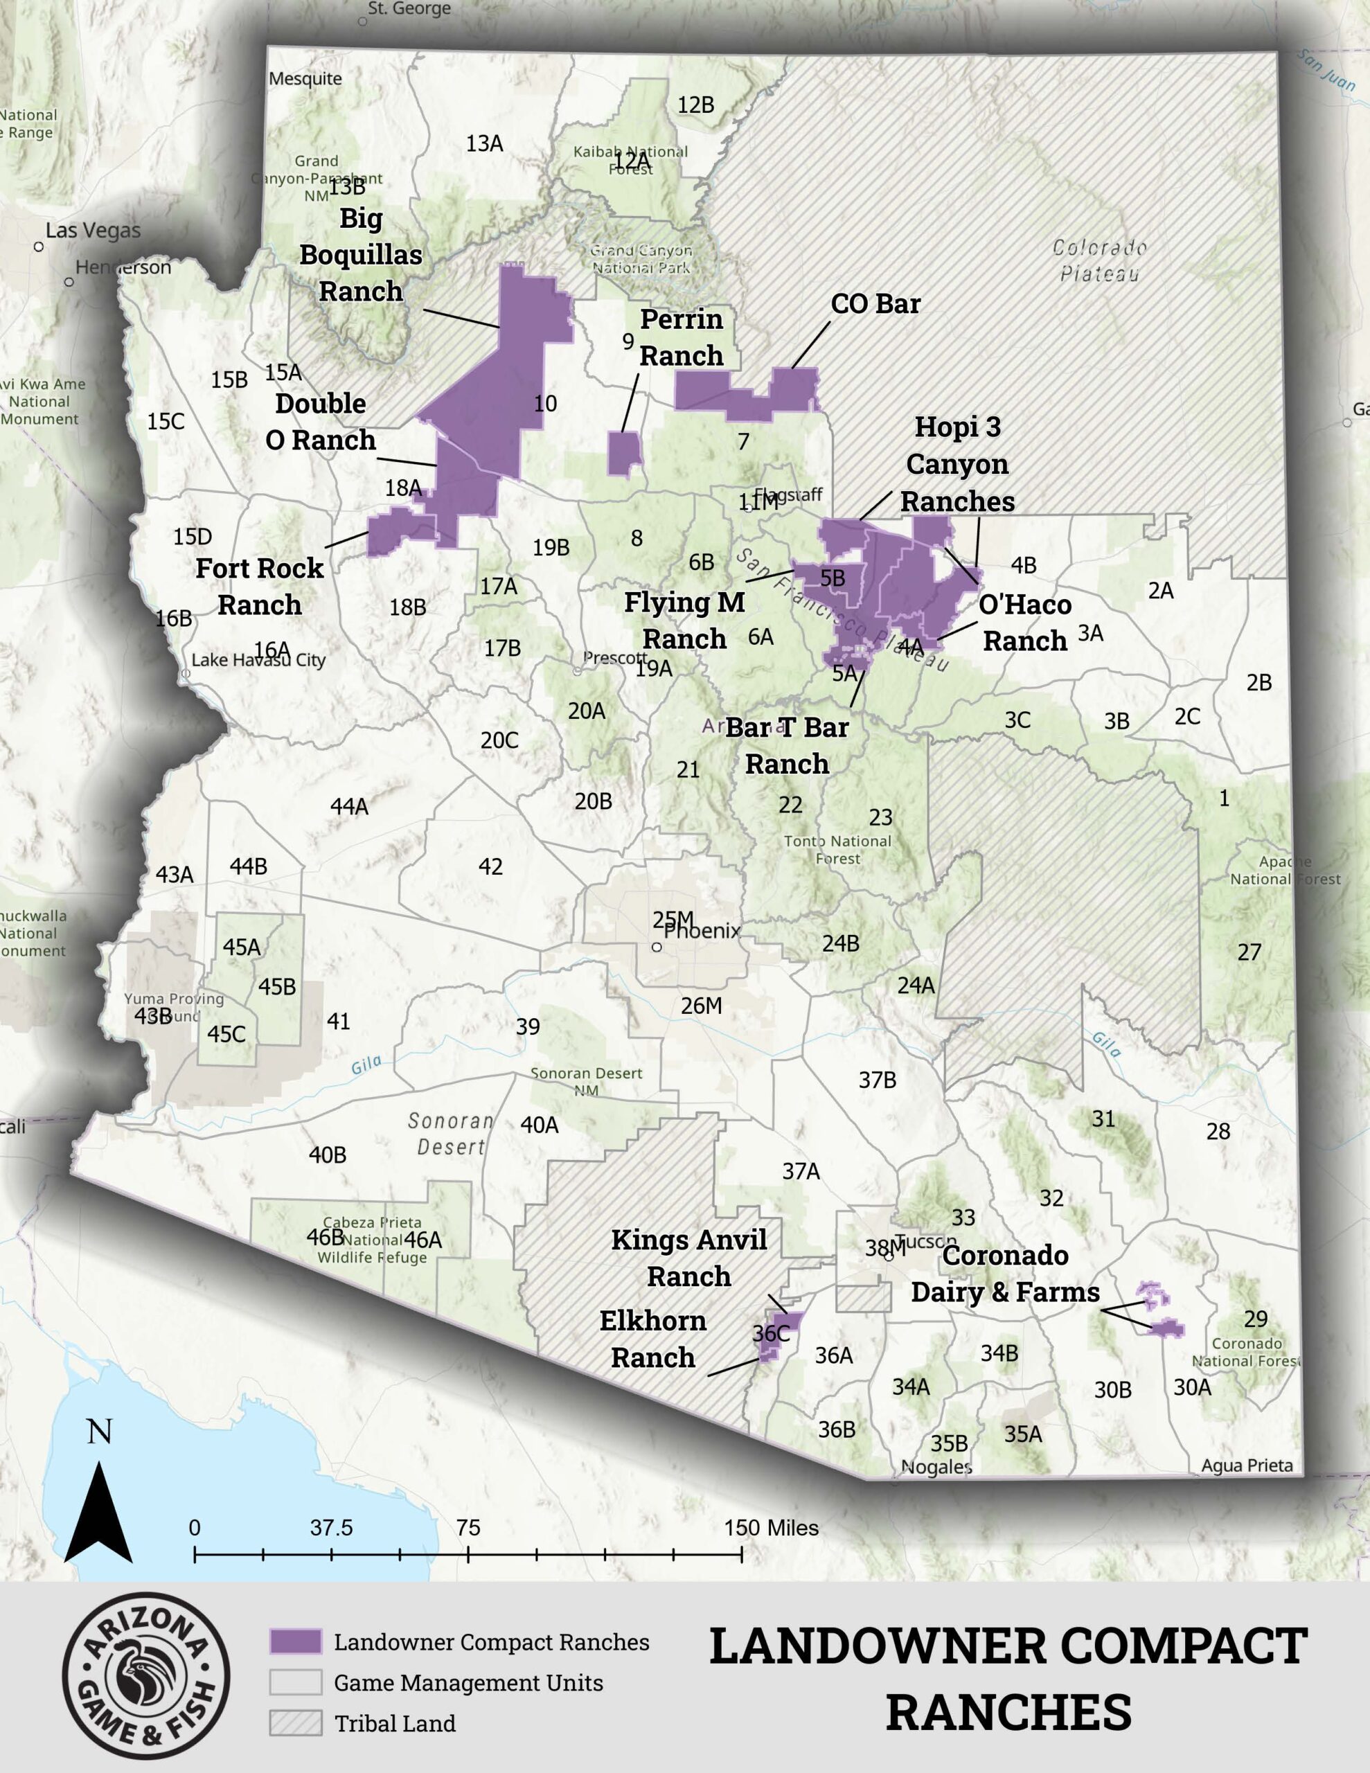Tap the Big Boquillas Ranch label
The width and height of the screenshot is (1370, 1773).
pos(361,254)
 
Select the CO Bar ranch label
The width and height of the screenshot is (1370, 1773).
pos(875,303)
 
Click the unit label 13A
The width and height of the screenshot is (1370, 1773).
pos(484,143)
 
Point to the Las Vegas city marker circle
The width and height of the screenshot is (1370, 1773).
pos(38,246)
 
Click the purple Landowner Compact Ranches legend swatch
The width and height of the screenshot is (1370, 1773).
pos(296,1641)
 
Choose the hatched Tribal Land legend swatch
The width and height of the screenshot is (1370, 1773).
pos(296,1722)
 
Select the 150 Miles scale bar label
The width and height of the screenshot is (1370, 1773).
pos(771,1528)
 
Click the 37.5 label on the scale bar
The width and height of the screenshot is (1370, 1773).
pos(331,1528)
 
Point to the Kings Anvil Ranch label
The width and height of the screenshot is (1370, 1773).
pos(688,1258)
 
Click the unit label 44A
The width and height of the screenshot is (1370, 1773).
pos(349,806)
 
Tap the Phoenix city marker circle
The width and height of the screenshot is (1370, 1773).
pos(657,947)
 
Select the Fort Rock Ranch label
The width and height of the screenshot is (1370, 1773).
pos(260,586)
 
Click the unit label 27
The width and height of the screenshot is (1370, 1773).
pos(1249,952)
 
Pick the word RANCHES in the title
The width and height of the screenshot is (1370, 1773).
pos(1008,1712)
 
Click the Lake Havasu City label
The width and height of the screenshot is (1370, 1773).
pos(258,660)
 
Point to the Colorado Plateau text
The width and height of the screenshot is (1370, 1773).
pos(1100,260)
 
